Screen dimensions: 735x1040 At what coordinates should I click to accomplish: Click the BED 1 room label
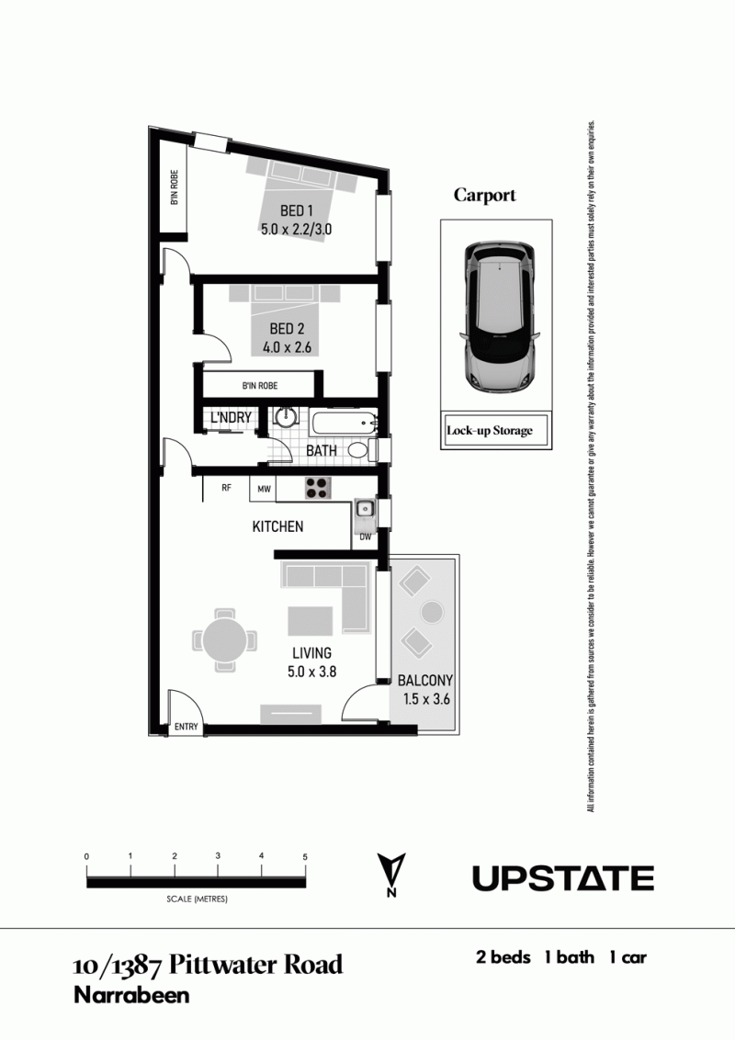tap(297, 211)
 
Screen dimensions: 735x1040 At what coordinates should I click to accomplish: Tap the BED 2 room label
tap(287, 328)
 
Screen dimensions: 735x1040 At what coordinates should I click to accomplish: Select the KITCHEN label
tap(278, 526)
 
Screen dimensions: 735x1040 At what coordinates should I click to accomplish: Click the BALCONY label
tap(425, 681)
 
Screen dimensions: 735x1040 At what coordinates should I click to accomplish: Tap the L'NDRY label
tap(231, 418)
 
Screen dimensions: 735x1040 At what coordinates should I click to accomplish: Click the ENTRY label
tap(187, 727)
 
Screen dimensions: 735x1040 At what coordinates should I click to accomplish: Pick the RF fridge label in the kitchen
tap(226, 488)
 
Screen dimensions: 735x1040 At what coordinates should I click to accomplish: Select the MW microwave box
tap(264, 490)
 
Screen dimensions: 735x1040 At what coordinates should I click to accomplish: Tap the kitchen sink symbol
tap(364, 509)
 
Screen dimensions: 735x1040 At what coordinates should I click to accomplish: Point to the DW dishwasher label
tap(366, 537)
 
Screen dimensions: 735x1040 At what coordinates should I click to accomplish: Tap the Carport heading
tap(485, 196)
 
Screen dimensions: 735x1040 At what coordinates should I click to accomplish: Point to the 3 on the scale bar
tap(218, 856)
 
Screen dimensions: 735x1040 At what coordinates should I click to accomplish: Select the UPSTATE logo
tap(563, 878)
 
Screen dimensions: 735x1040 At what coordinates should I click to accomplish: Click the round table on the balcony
tap(432, 612)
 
